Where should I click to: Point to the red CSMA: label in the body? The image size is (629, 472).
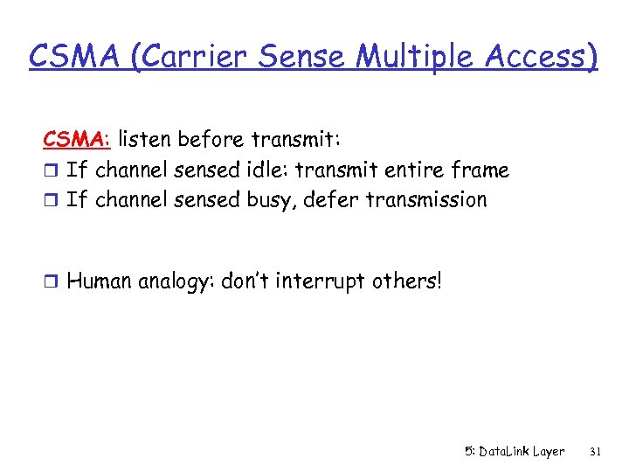tap(78, 139)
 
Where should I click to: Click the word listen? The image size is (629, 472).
tap(144, 139)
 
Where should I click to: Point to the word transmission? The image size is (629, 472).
tap(426, 200)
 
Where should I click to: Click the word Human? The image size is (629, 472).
tap(99, 281)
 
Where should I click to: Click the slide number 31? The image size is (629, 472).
tap(595, 452)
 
